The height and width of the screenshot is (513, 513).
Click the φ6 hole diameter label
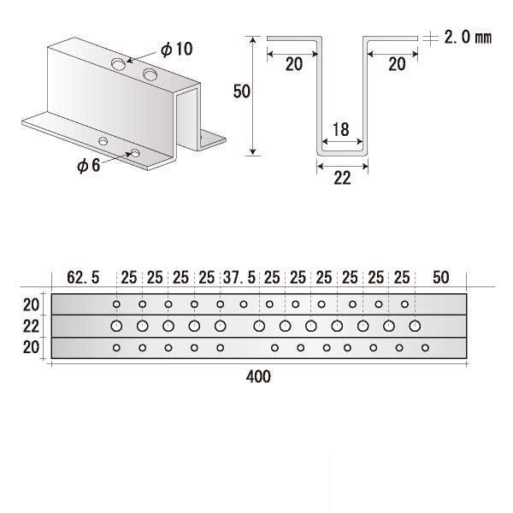coord(88,165)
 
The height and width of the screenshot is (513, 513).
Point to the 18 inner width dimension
coord(339,129)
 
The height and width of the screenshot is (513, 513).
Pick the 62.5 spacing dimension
coord(83,277)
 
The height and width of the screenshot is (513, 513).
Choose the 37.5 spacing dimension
coord(239,277)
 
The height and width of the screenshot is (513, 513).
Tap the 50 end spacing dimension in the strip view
coord(441,277)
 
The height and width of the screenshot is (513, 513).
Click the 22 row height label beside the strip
coord(31,326)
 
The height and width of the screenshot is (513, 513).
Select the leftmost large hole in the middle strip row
coord(116,326)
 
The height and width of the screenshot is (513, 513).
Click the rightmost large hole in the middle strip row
coord(416,326)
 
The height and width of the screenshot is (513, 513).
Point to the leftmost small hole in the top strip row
coord(116,304)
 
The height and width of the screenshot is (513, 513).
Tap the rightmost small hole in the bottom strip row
coord(425,347)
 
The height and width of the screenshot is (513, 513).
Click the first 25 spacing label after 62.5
coord(129,277)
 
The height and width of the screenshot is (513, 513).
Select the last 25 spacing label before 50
coord(403,277)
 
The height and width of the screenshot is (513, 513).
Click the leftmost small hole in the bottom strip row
coord(116,347)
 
